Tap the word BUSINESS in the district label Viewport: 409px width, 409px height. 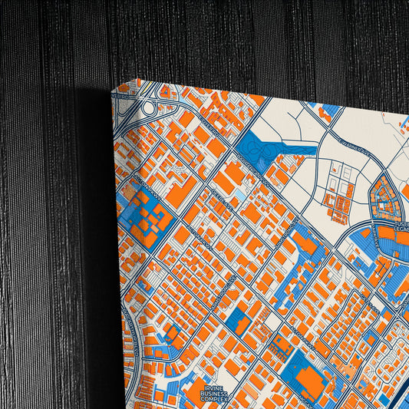point(214,394)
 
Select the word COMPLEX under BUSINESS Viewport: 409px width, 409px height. point(215,401)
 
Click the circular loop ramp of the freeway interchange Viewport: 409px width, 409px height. point(163,94)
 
